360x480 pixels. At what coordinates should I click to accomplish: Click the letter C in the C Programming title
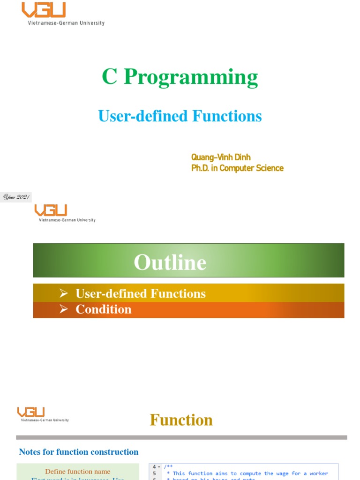(x=110, y=77)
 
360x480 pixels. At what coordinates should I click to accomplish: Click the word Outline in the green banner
(x=170, y=262)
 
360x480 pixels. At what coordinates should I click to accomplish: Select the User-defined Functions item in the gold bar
(x=140, y=293)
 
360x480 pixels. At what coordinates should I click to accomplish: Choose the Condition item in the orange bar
(x=103, y=309)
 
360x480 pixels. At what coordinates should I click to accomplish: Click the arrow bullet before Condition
(x=64, y=309)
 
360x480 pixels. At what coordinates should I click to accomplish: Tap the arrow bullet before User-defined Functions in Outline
(x=64, y=293)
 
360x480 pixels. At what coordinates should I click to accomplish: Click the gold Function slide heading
(x=181, y=420)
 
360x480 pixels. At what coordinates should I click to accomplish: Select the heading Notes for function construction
(x=78, y=452)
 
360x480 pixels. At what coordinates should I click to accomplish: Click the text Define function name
(x=78, y=472)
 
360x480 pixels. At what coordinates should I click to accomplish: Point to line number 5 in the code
(x=154, y=473)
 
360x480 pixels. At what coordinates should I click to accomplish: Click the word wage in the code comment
(x=272, y=473)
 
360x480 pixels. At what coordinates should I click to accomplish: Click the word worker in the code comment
(x=319, y=473)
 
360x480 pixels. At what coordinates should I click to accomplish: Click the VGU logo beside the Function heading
(x=31, y=412)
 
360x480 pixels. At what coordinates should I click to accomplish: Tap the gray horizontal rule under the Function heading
(x=181, y=437)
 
